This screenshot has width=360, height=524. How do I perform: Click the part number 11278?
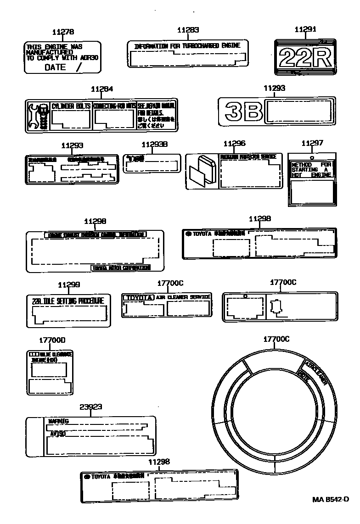63,32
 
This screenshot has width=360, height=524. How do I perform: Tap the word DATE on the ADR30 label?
55,67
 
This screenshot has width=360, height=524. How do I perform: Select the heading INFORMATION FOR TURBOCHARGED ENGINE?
187,47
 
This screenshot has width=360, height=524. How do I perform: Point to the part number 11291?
305,29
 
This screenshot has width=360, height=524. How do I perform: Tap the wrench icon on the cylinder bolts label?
38,115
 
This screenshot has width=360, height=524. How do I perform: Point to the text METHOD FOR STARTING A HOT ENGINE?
311,170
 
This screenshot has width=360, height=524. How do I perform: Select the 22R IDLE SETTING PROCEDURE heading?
68,301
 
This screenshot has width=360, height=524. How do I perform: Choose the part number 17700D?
52,340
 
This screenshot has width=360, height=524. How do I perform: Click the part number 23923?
90,407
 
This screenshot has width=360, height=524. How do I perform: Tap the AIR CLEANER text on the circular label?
317,372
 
